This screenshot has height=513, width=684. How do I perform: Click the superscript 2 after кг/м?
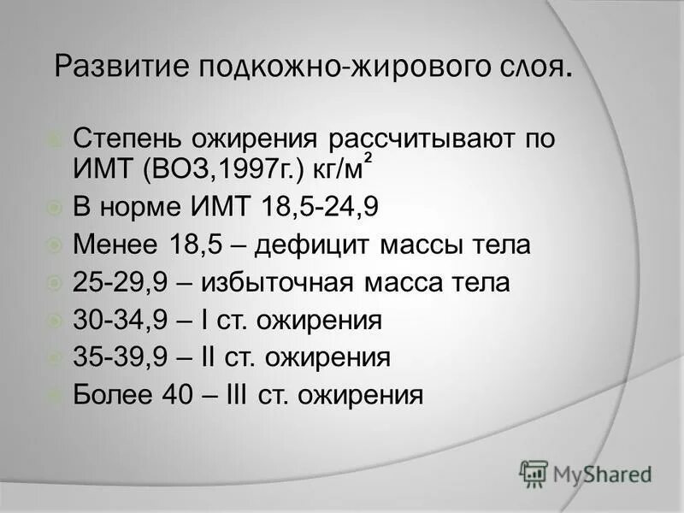[x=368, y=156]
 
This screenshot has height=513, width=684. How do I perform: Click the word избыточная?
[x=275, y=283]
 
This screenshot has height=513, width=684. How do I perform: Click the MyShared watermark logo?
[x=586, y=473]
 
